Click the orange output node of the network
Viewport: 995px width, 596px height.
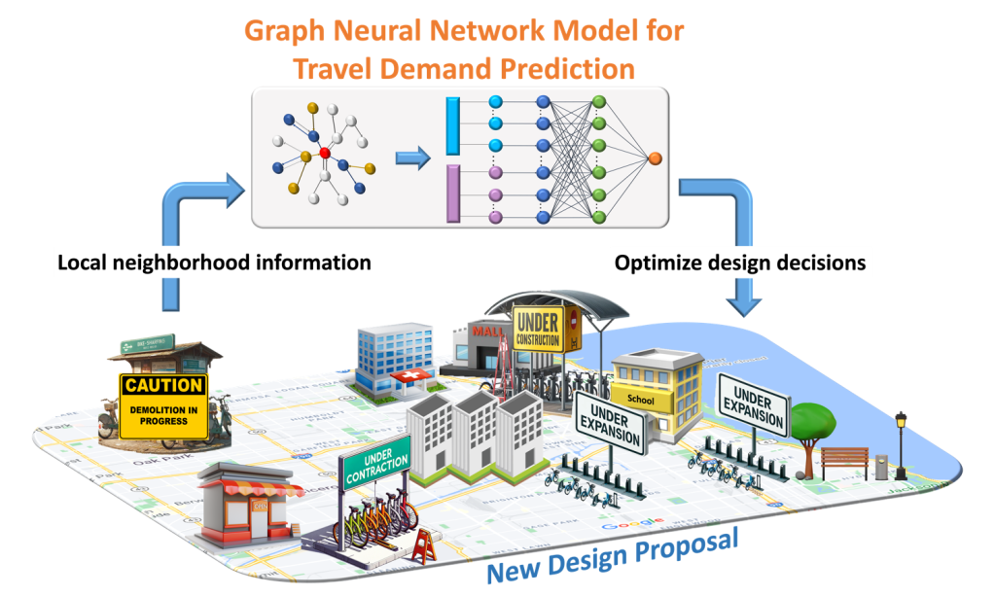(x=655, y=158)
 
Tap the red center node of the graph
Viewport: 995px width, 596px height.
(x=325, y=154)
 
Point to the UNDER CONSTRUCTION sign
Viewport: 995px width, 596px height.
(x=537, y=329)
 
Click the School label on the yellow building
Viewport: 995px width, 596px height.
(x=642, y=400)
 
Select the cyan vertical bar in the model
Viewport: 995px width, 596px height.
(x=452, y=125)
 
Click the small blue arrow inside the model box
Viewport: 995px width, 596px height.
(x=412, y=158)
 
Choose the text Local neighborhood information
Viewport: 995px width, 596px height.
(x=214, y=263)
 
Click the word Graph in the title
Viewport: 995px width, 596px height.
(x=284, y=31)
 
